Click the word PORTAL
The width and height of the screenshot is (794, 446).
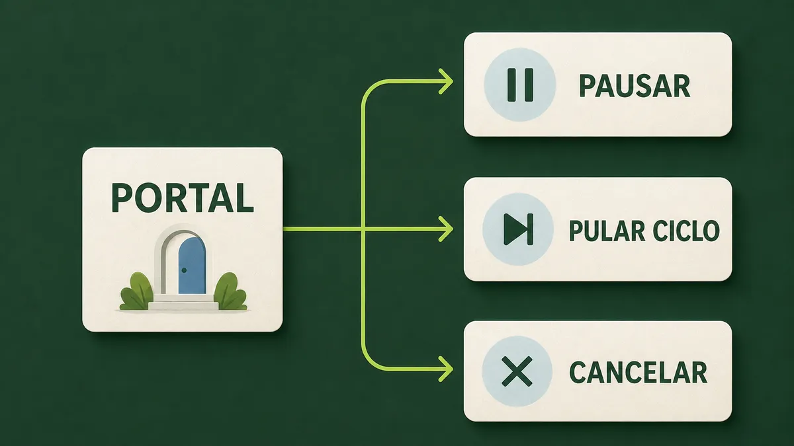pos(183,198)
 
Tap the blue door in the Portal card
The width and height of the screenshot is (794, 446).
pos(192,266)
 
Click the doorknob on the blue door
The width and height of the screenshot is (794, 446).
pos(184,270)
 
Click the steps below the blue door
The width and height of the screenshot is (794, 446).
pos(183,303)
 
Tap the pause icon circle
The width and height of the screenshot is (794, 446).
pos(519,85)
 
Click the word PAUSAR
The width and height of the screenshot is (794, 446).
pos(635,86)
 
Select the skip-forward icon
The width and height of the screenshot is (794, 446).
pos(518,229)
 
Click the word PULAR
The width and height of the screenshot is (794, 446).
pos(607,231)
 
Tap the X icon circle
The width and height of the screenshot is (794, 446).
pos(517,371)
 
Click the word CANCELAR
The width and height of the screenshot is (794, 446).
pos(639,372)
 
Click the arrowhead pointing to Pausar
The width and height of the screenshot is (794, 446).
pos(446,82)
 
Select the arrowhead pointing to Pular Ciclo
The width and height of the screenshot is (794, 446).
pos(446,229)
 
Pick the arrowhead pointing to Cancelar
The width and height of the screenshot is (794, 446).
pos(446,369)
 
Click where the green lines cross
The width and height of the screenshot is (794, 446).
pos(363,229)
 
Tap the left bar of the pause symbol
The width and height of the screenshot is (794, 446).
pos(511,85)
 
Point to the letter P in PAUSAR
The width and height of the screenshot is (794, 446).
pos(588,86)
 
